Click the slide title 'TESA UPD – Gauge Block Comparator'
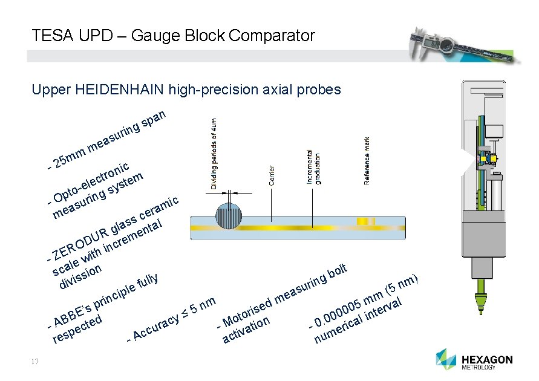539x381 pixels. click(174, 36)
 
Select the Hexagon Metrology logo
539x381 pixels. click(474, 360)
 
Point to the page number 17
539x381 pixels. click(34, 362)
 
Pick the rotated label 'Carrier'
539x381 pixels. click(272, 175)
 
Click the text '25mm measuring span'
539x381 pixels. click(109, 139)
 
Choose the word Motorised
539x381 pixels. click(246, 311)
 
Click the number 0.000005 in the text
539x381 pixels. click(342, 308)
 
